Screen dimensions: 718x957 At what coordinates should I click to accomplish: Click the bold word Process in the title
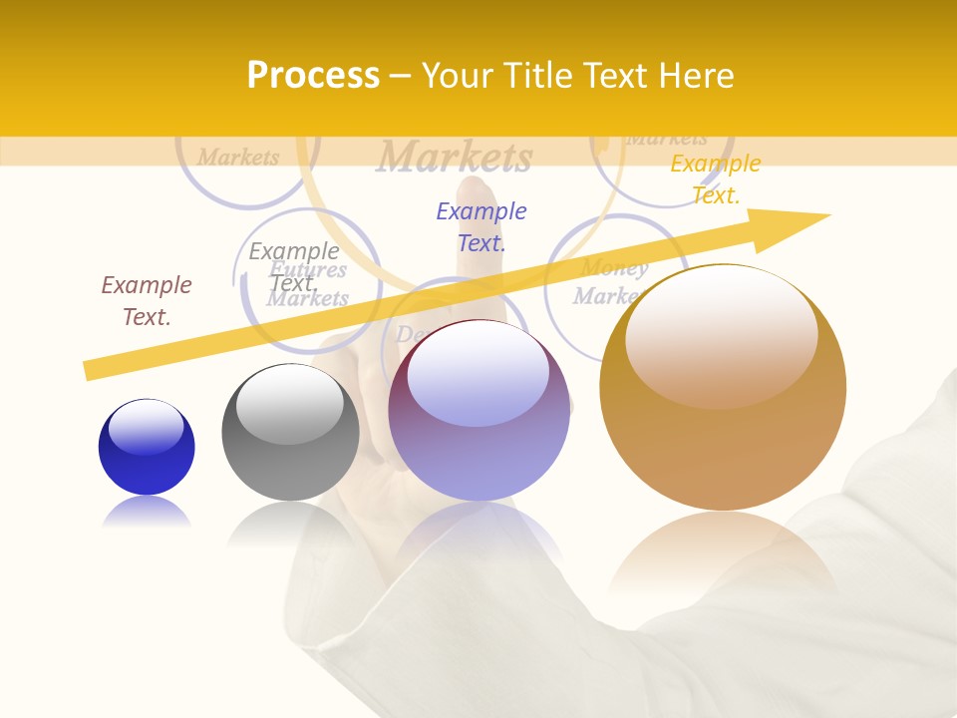pos(313,76)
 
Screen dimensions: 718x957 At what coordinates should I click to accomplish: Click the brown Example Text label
pos(147,301)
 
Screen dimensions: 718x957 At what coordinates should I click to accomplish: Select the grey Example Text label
pos(294,267)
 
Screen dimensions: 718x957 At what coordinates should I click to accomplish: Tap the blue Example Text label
pos(481,226)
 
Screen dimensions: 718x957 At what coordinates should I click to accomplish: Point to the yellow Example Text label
pos(715,179)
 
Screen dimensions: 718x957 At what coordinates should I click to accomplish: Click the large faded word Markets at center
pos(455,157)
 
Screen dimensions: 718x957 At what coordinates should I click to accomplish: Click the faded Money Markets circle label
pos(610,282)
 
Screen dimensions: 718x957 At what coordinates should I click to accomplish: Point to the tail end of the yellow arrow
pos(92,371)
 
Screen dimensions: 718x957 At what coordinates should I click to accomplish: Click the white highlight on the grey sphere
pos(289,404)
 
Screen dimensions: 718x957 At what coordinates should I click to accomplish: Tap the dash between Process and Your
pos(401,76)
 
